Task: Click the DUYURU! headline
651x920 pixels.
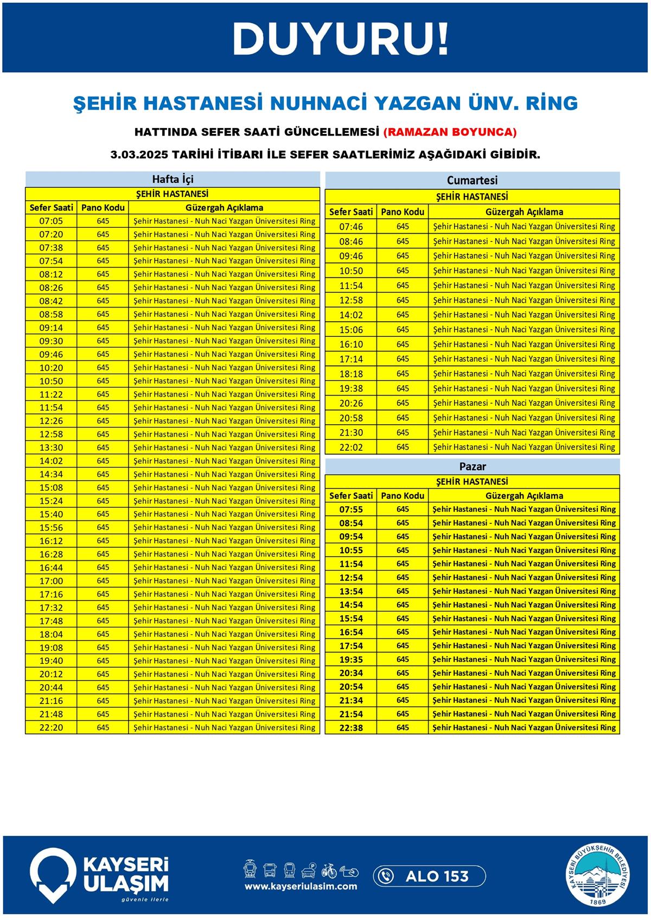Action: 341,39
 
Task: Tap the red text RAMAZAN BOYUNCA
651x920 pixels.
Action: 450,132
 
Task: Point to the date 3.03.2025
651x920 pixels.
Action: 138,155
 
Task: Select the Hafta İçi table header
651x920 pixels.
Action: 173,179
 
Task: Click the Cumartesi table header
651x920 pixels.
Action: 472,180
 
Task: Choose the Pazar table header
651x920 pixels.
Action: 472,466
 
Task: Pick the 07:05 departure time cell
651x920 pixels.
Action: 51,221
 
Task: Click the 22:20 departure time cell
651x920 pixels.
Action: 51,727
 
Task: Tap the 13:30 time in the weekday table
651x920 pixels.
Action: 51,448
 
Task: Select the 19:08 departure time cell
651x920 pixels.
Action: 51,647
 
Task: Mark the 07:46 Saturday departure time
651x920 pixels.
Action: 351,227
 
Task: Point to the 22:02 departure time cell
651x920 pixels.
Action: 351,448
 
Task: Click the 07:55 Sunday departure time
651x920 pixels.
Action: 351,509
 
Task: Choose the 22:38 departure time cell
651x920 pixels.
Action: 351,727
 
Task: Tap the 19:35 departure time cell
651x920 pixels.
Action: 351,660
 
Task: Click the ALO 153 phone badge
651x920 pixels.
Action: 429,876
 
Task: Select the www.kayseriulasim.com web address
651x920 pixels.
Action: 301,886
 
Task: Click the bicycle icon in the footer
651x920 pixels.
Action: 329,871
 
